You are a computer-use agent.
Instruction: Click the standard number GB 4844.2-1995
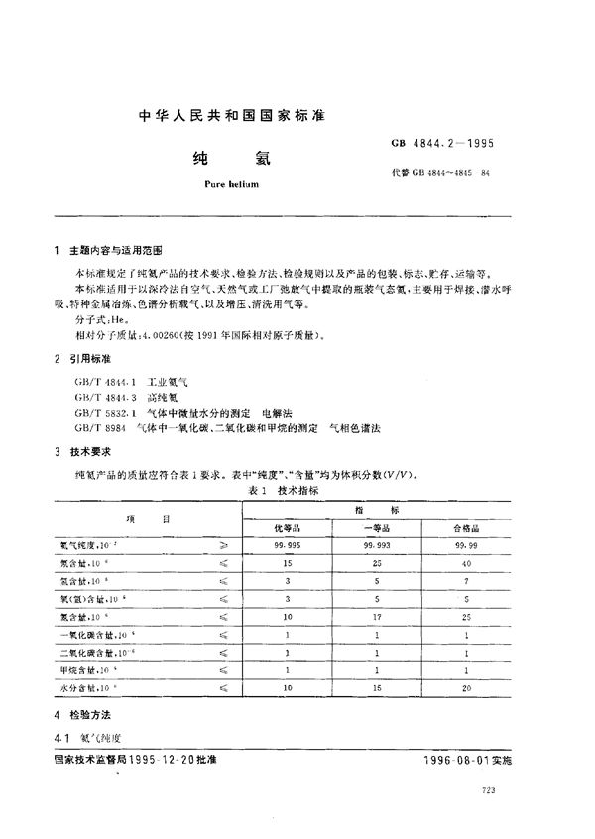[x=443, y=142]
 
